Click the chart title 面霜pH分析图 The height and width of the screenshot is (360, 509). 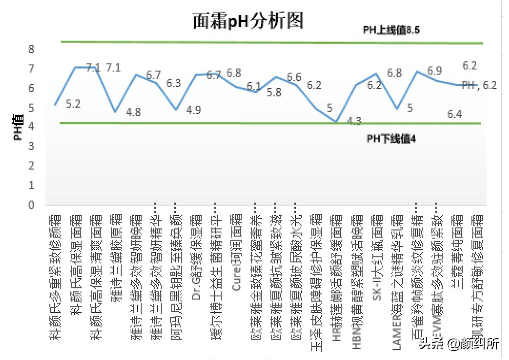tap(248, 21)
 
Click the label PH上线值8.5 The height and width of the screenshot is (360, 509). tap(390, 30)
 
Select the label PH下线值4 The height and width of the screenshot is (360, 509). tap(391, 139)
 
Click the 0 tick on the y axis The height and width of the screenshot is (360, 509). tap(31, 204)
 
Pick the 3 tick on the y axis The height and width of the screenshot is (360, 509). tap(31, 146)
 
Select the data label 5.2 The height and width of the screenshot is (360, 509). tap(73, 104)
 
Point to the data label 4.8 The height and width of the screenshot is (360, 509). tap(133, 112)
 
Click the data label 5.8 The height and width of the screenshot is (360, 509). tap(274, 92)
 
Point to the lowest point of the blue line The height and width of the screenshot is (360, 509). tap(336, 122)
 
